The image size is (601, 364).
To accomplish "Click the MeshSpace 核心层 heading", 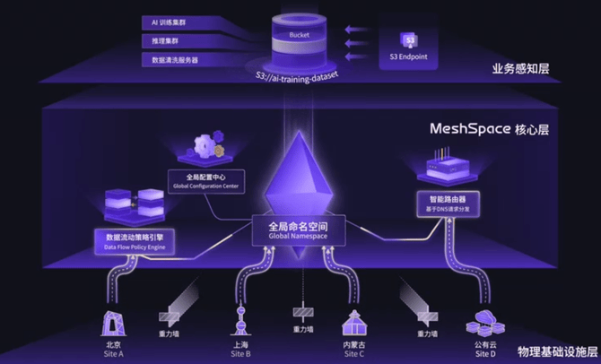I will pos(497,129).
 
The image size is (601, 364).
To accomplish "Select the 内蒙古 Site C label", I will pos(354,349).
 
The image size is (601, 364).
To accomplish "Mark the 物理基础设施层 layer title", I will pos(556,351).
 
